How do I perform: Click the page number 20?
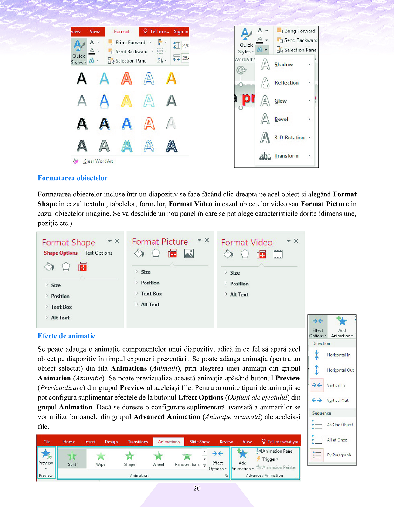click(x=197, y=488)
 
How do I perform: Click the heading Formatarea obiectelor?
click(x=72, y=178)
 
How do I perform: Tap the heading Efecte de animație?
click(x=66, y=336)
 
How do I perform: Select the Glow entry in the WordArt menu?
click(x=281, y=101)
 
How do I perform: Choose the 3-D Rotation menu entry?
click(x=289, y=138)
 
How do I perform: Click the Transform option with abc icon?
click(x=286, y=156)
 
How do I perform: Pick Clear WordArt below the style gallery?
click(x=98, y=161)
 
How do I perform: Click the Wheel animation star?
click(x=158, y=459)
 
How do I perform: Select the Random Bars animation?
click(x=187, y=459)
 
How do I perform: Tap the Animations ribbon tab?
click(x=169, y=442)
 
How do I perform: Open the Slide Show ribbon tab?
click(x=200, y=442)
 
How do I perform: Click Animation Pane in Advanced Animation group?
click(x=277, y=451)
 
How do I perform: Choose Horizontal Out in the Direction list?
click(x=340, y=370)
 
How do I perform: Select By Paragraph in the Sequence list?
click(x=339, y=455)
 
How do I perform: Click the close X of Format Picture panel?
click(x=207, y=240)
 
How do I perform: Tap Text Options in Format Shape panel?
click(x=98, y=253)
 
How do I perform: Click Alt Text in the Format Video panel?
click(x=239, y=295)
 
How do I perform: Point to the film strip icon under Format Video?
click(x=278, y=254)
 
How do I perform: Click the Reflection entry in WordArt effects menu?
click(x=286, y=83)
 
